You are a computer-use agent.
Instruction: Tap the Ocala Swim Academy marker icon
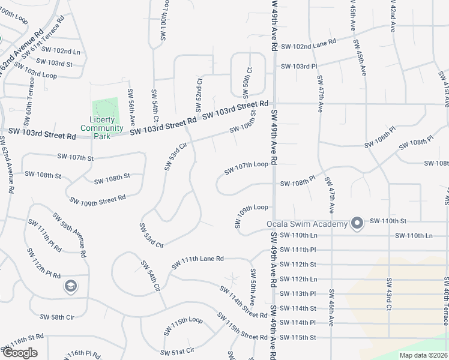tap(357, 224)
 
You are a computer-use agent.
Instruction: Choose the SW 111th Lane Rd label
tap(197, 262)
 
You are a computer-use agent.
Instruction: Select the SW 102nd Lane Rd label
tap(309, 43)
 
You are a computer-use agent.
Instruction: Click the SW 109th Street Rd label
tap(97, 199)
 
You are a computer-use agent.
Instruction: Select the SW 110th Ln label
tap(415, 236)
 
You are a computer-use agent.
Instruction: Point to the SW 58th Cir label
tap(56, 317)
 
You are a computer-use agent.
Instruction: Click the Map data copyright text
tap(423, 355)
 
